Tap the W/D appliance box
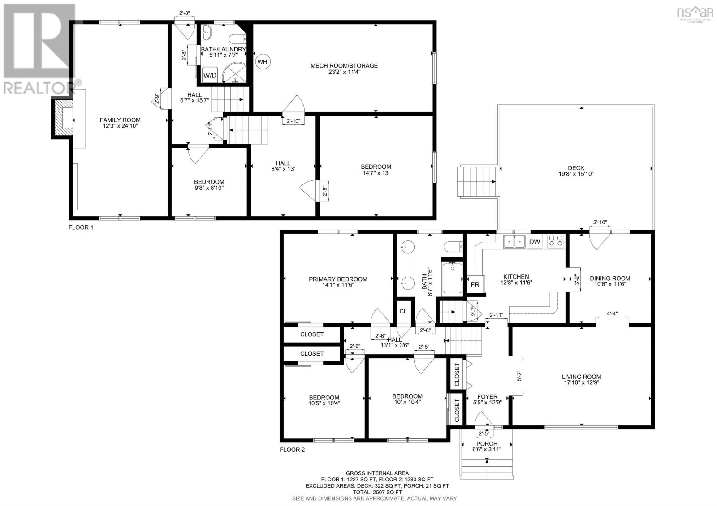tap(210, 75)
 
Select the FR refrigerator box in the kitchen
tap(475, 285)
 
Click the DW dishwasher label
tap(534, 242)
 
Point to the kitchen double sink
tap(514, 242)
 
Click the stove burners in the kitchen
tap(556, 241)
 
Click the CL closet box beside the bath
tap(403, 311)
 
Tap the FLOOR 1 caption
tap(81, 227)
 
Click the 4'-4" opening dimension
tap(612, 313)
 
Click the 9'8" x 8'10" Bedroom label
tap(209, 185)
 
